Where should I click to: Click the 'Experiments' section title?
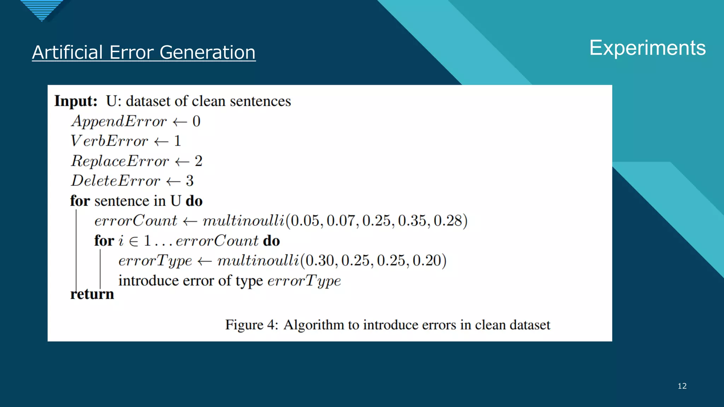click(x=647, y=48)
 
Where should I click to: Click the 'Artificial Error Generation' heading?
click(x=144, y=52)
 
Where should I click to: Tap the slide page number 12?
click(x=682, y=386)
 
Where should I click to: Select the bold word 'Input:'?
click(x=76, y=101)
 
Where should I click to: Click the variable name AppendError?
click(x=119, y=121)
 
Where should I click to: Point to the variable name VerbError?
click(x=109, y=141)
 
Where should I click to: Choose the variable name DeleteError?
click(x=116, y=181)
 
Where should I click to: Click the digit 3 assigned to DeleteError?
click(x=190, y=181)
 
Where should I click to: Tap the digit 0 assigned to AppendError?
click(x=197, y=121)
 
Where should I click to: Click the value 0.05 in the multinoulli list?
click(x=304, y=221)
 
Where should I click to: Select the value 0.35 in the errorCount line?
click(x=412, y=221)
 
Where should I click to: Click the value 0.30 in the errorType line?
click(x=319, y=261)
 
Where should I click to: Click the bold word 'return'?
click(x=92, y=294)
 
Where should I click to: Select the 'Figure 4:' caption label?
click(x=252, y=325)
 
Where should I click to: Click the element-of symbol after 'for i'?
click(x=134, y=241)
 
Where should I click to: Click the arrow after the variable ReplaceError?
click(x=182, y=162)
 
